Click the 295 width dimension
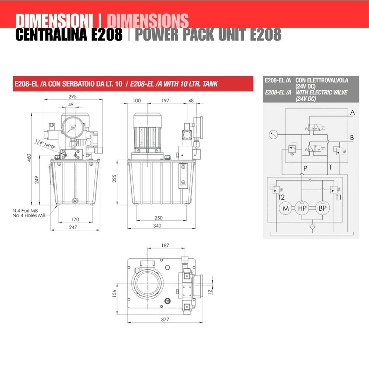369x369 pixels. click(72, 96)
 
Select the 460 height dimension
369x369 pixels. click(29, 158)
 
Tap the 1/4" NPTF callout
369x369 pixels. click(45, 144)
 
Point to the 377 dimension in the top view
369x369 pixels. click(165, 319)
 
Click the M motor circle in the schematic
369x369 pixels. click(286, 208)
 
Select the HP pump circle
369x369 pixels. click(302, 208)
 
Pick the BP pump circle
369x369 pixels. click(323, 208)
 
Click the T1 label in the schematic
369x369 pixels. click(338, 197)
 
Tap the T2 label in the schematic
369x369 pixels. click(281, 197)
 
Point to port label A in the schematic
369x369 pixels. click(352, 113)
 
